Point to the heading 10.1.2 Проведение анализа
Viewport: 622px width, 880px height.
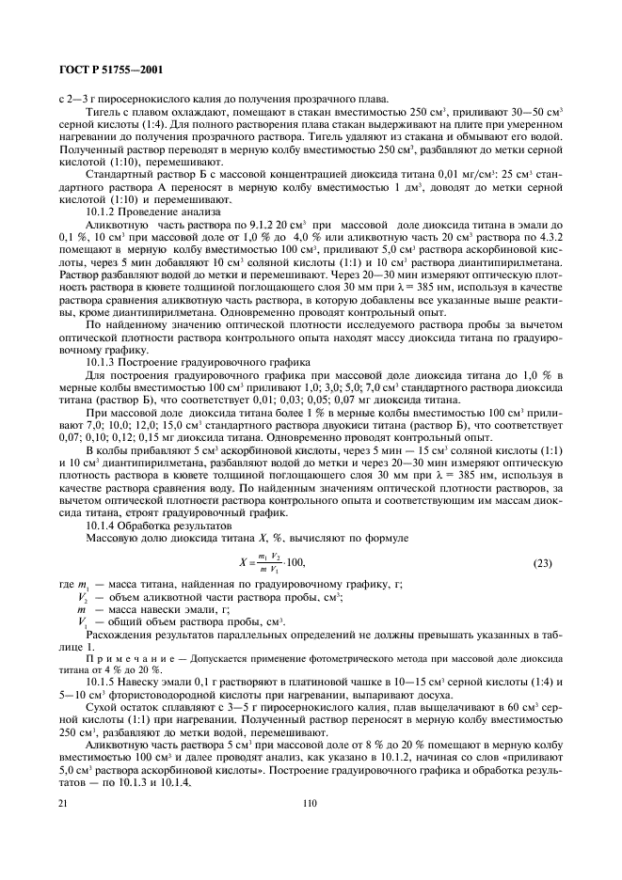141,212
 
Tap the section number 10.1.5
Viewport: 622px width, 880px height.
101,680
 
